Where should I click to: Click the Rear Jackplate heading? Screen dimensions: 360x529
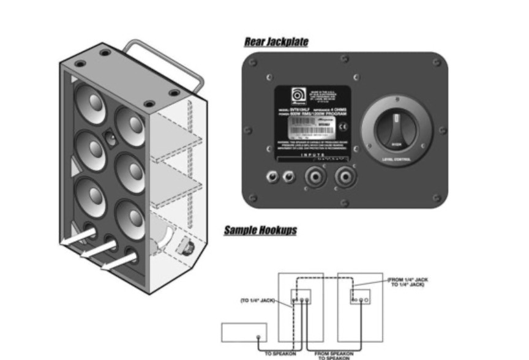(276, 42)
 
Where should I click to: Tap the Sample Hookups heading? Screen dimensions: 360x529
(260, 230)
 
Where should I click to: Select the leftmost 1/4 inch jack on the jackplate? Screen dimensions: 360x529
(271, 178)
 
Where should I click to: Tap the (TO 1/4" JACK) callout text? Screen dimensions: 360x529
(257, 301)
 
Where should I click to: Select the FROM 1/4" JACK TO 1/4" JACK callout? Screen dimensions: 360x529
(408, 282)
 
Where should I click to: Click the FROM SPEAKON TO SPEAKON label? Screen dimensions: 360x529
(334, 354)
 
